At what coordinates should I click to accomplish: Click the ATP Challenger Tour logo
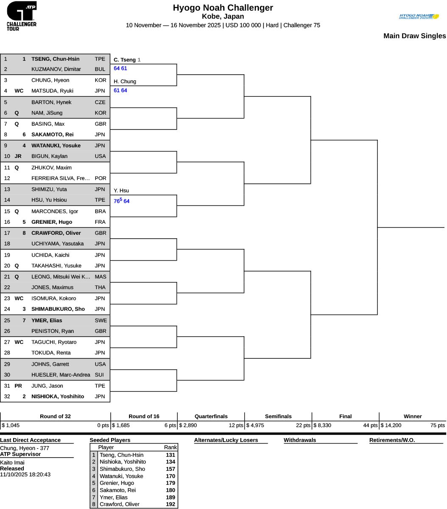[x=22, y=16]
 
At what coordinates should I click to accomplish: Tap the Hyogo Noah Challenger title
[x=223, y=8]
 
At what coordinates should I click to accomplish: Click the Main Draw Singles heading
[x=415, y=36]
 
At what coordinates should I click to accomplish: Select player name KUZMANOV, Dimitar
[x=56, y=69]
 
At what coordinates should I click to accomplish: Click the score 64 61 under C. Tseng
[x=120, y=68]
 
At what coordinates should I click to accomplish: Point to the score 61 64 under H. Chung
[x=120, y=90]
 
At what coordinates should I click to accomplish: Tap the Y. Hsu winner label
[x=121, y=191]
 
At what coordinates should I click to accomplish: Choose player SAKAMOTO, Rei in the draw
[x=52, y=135]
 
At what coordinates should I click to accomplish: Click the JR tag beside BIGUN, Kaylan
[x=18, y=156]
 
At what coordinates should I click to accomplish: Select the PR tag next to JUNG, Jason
[x=18, y=385]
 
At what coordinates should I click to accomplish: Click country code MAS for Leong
[x=100, y=276]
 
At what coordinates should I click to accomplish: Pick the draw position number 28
[x=7, y=352]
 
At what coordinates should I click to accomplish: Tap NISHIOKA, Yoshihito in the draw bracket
[x=57, y=397]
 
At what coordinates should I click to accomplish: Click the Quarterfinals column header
[x=211, y=416]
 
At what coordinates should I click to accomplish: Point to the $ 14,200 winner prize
[x=391, y=425]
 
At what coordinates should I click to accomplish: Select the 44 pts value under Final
[x=370, y=425]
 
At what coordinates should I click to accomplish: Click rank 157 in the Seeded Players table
[x=170, y=469]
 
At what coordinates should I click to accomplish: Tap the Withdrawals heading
[x=300, y=440]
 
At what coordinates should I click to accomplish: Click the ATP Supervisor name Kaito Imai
[x=12, y=462]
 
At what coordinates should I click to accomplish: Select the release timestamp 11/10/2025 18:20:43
[x=25, y=474]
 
